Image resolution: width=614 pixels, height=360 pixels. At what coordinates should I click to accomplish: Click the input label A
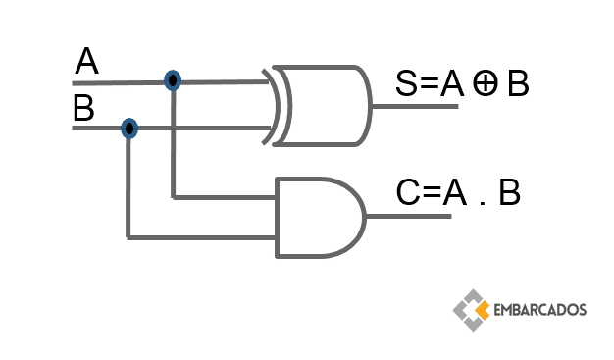(x=86, y=61)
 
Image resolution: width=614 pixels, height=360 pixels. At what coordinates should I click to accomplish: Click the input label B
(x=83, y=108)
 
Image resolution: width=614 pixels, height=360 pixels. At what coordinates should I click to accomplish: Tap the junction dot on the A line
(x=173, y=80)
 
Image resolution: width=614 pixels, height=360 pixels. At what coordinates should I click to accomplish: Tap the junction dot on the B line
(x=129, y=129)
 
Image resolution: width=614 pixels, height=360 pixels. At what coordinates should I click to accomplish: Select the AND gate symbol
(x=321, y=218)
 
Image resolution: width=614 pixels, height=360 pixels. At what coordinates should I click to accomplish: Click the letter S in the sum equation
(x=406, y=83)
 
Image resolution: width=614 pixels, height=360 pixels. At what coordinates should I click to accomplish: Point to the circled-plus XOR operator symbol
(x=486, y=83)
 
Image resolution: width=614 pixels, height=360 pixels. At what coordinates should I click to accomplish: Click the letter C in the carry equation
(x=408, y=192)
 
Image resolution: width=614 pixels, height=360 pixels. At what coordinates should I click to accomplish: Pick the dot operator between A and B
(x=482, y=202)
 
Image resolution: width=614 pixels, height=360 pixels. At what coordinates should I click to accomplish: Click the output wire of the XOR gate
(x=415, y=106)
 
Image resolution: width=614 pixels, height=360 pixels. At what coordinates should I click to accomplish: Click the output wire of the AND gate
(x=408, y=216)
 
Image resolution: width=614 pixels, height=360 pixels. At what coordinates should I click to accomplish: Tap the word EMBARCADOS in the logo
(x=540, y=310)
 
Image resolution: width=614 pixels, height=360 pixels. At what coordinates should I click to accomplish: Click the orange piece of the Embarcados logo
(x=483, y=310)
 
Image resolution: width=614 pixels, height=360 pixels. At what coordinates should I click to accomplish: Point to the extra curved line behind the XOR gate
(x=271, y=107)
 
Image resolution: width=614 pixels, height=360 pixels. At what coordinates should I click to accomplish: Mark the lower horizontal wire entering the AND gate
(x=201, y=237)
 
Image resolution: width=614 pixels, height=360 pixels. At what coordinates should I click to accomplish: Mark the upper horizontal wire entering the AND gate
(x=225, y=197)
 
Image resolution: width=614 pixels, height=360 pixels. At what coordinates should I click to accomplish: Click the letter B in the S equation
(x=518, y=83)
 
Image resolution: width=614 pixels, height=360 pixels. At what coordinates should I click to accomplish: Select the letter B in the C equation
(x=509, y=192)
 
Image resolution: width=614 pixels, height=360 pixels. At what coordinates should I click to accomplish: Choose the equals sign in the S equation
(x=429, y=83)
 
